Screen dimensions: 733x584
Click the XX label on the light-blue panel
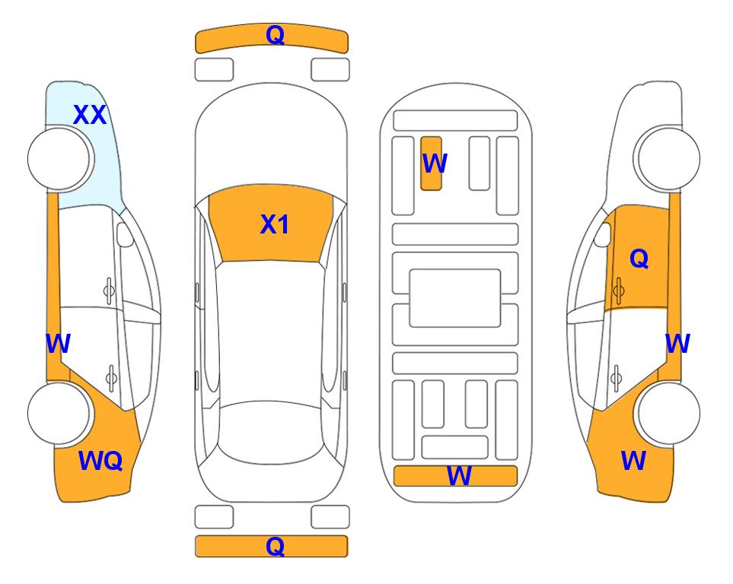(90, 115)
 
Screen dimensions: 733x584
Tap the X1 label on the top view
(275, 224)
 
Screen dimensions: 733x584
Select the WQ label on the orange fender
(100, 461)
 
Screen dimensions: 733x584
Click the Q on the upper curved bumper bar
(275, 35)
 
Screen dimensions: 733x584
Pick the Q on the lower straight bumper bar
(275, 546)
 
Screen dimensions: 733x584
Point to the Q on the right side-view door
(639, 259)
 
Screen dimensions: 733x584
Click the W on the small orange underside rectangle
(435, 163)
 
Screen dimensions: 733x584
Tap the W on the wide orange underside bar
(459, 476)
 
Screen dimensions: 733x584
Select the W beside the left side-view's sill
(58, 344)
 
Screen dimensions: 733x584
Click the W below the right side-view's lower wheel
(633, 461)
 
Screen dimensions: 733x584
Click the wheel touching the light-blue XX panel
(59, 159)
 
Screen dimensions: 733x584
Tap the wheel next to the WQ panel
(59, 413)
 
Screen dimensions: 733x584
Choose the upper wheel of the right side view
(668, 159)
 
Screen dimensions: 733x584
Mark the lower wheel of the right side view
(668, 413)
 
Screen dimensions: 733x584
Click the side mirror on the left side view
(124, 234)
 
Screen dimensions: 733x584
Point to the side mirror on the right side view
(603, 234)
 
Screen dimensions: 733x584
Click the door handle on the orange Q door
(619, 290)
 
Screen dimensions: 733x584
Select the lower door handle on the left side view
(111, 377)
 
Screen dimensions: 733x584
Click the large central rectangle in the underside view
(455, 298)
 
